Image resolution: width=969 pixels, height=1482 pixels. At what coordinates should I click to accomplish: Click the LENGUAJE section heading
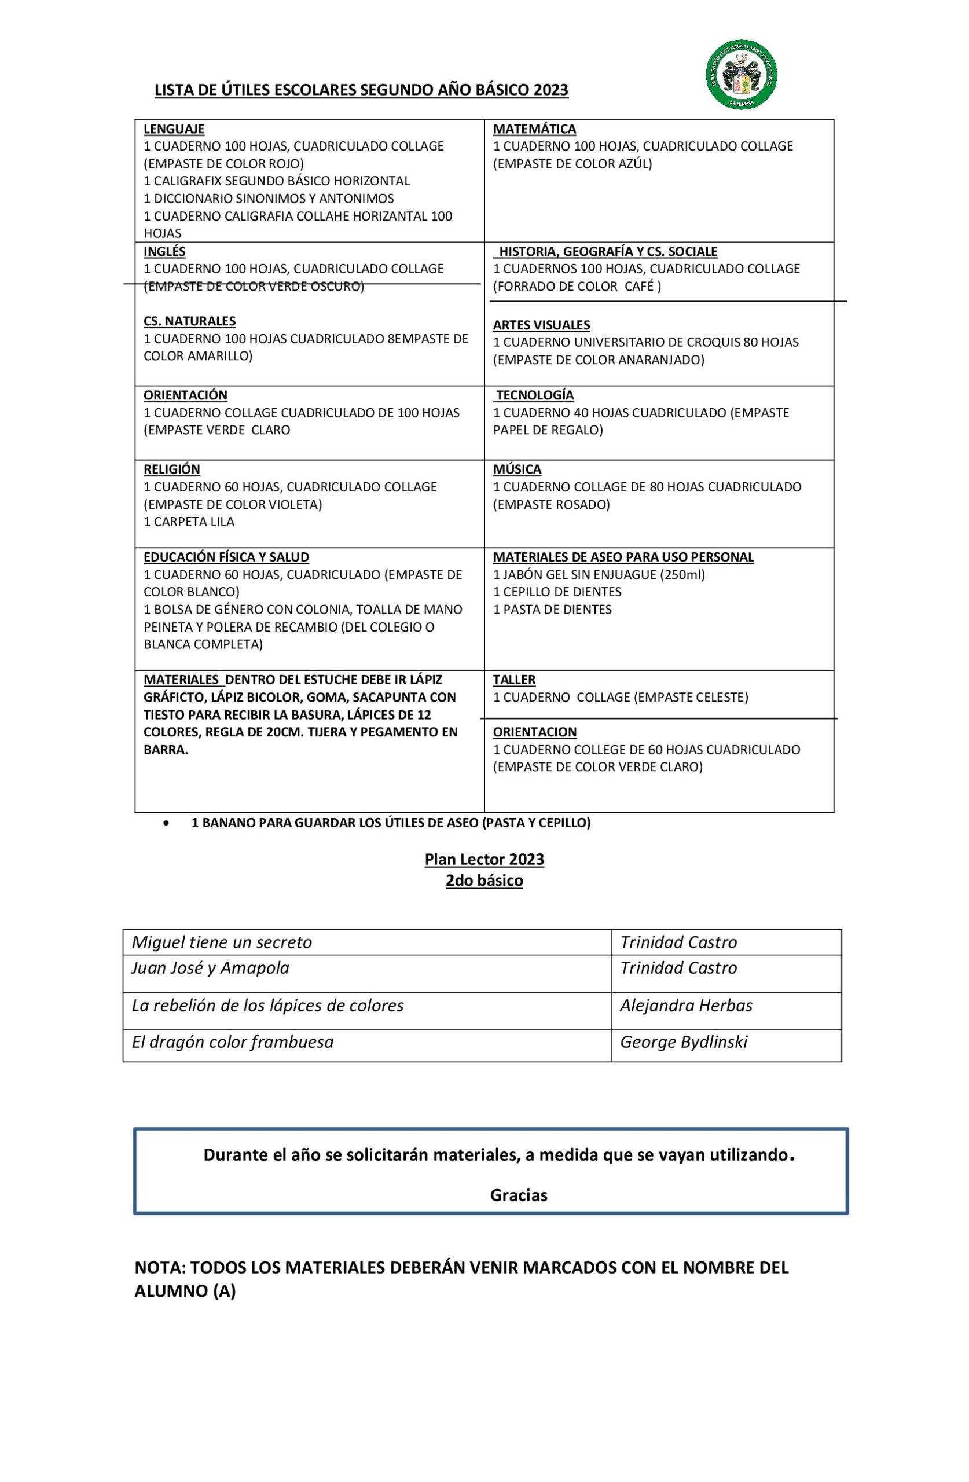click(x=174, y=129)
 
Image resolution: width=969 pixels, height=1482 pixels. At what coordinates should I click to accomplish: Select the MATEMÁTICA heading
click(x=534, y=129)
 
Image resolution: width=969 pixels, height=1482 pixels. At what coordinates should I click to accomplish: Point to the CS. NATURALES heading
click(x=189, y=321)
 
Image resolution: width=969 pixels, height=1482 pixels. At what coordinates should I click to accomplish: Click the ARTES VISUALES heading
click(x=541, y=324)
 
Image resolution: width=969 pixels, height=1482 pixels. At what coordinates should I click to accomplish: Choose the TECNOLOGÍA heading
click(x=534, y=395)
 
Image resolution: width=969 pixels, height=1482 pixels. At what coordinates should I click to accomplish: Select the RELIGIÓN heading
click(x=172, y=469)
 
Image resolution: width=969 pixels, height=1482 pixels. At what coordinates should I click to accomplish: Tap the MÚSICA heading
click(x=516, y=469)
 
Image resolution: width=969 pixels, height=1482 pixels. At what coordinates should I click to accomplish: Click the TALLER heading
click(x=514, y=680)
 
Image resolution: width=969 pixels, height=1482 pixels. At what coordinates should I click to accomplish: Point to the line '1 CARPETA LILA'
click(x=189, y=521)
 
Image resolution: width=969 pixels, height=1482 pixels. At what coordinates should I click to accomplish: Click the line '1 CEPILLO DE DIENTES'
click(x=557, y=592)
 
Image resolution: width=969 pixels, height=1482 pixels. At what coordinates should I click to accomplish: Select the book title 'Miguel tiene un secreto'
click(x=221, y=941)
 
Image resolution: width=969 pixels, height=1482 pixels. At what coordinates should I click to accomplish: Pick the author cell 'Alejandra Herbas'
click(x=685, y=1005)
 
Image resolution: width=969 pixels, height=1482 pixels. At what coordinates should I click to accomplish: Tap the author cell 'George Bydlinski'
click(x=683, y=1042)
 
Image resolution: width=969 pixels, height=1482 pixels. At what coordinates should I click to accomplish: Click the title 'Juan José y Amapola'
click(x=210, y=968)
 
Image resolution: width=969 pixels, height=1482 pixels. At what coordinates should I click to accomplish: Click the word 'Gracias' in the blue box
click(x=518, y=1195)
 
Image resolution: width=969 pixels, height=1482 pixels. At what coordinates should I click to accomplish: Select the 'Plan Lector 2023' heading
click(x=484, y=859)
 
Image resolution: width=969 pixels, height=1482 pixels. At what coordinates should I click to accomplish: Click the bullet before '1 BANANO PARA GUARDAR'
click(x=166, y=823)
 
